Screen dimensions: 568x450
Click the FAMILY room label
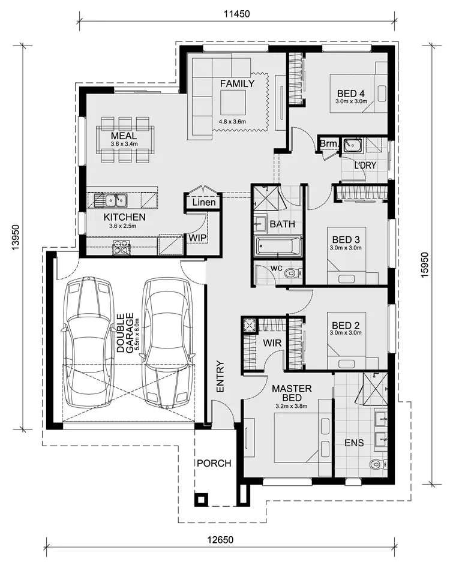[x=236, y=83]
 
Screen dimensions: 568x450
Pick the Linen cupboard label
[x=204, y=202]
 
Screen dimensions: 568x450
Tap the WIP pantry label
[x=196, y=238]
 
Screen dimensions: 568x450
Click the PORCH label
[x=214, y=463]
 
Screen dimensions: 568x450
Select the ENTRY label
[x=220, y=377]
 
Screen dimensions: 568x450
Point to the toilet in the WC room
[x=292, y=274]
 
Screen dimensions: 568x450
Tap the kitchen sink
[x=113, y=200]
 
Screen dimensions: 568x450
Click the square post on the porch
[x=201, y=498]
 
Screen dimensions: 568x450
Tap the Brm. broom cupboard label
[x=328, y=144]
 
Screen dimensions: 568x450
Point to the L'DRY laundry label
[x=365, y=165]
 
